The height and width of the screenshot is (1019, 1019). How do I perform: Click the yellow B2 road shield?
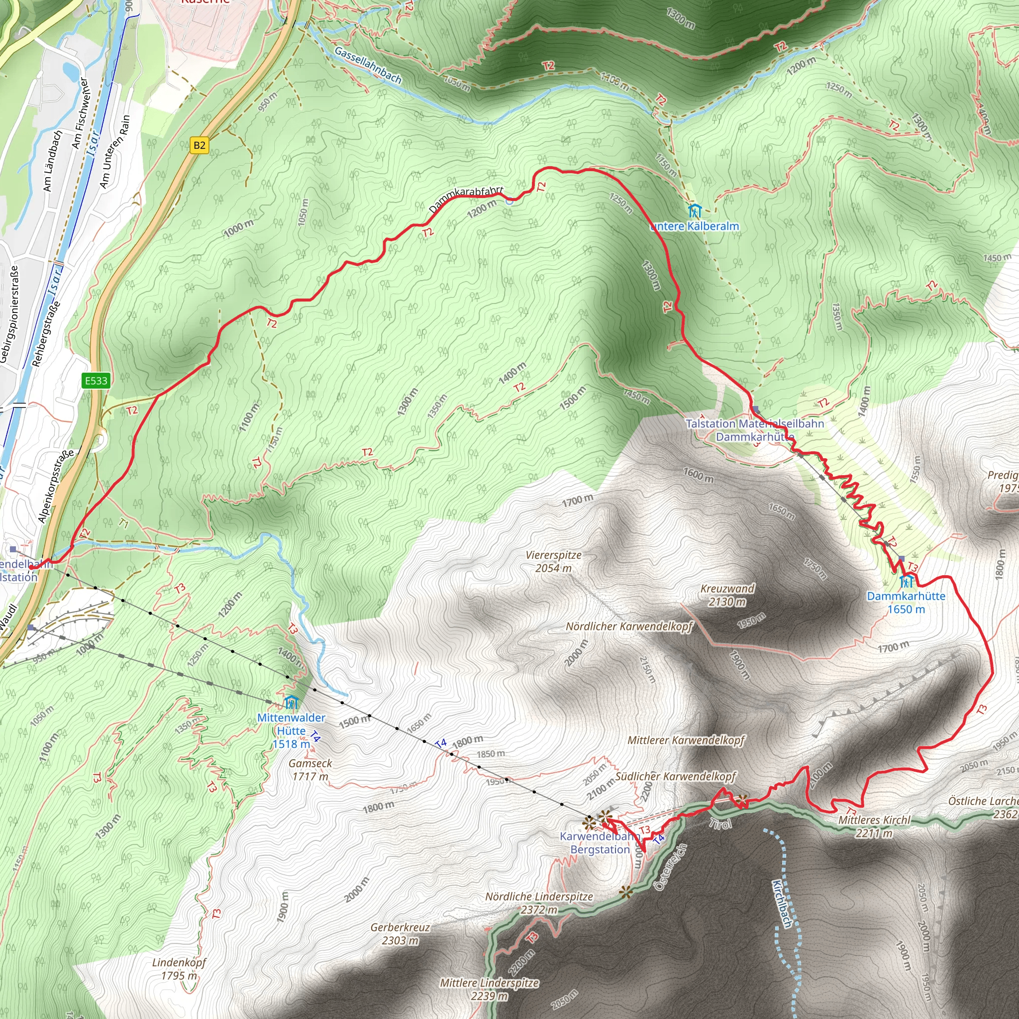coord(199,146)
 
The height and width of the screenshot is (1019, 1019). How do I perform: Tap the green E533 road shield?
coord(96,380)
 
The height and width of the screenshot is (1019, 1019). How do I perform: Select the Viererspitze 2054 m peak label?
coord(553,561)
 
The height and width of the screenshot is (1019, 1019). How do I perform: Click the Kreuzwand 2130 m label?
coord(727,595)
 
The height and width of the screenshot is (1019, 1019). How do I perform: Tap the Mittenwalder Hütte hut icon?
coord(291,703)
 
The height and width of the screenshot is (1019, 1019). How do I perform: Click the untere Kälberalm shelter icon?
coord(695,211)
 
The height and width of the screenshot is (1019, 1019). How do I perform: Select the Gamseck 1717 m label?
coord(310,770)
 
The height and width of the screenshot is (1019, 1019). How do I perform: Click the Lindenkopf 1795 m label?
coord(179,969)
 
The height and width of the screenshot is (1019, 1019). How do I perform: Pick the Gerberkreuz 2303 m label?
coord(401,933)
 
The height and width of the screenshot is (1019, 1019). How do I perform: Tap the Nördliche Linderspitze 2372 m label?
coord(539,903)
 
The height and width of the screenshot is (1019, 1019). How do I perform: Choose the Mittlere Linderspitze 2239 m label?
coord(490,990)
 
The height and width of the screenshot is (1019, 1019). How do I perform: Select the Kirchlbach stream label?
coord(782,904)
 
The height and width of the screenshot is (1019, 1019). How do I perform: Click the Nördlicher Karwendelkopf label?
coord(629,626)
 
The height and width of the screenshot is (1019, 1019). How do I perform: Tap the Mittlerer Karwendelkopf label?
coord(686,740)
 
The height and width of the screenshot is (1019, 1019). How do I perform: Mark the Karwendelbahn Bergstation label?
coord(600,843)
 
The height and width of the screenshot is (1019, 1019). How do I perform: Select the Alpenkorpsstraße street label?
coord(55,486)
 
